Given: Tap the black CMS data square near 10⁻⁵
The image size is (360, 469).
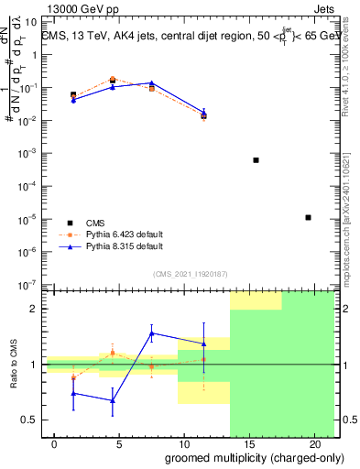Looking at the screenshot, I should point(308,217).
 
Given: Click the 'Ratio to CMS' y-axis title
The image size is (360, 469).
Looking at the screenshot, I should point(13,365).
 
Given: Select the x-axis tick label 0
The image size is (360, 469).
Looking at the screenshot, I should point(55,444).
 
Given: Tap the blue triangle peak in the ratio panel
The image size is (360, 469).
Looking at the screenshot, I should point(151,333).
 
